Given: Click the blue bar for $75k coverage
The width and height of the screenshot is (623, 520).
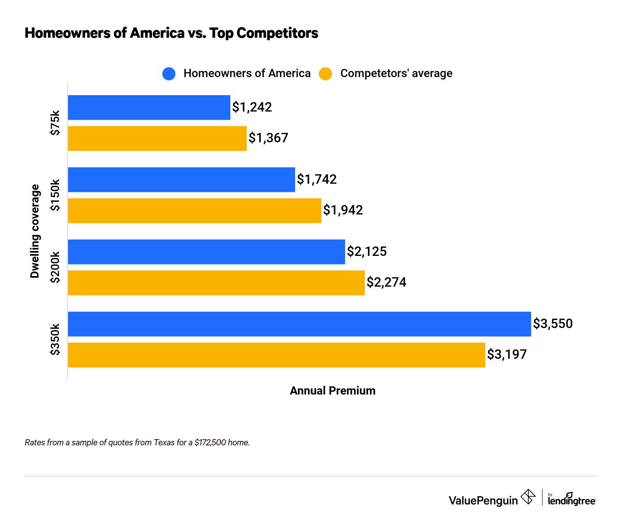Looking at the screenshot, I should (x=149, y=107).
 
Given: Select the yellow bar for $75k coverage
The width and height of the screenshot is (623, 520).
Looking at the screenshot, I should (x=157, y=138).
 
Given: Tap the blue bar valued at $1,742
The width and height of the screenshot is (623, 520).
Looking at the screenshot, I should (x=181, y=180).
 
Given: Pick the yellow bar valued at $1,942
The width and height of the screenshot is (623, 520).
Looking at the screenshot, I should (x=194, y=210).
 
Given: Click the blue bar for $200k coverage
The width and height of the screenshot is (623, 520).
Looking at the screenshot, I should (x=206, y=252).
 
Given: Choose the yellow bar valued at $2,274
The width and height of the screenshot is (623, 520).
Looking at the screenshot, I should (x=216, y=283).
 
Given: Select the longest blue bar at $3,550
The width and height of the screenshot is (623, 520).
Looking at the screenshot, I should (x=299, y=324).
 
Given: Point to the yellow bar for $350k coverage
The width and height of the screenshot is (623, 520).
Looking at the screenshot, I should (x=276, y=355).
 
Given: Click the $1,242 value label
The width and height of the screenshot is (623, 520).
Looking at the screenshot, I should (x=252, y=107).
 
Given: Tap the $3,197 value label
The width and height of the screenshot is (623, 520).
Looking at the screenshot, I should (x=507, y=354).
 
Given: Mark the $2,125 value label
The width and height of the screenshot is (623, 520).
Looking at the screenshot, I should (x=367, y=251).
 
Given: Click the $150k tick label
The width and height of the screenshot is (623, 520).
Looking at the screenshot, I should (x=55, y=195).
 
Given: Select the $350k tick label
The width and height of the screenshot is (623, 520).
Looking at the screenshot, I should (x=55, y=339).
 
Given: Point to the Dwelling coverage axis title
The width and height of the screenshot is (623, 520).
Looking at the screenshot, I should (x=35, y=231).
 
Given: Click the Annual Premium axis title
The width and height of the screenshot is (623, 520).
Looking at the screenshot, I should (x=332, y=390).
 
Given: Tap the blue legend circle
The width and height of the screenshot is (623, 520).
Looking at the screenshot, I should (x=169, y=74).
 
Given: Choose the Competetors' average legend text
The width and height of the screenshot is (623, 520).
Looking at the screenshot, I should (x=396, y=73).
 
